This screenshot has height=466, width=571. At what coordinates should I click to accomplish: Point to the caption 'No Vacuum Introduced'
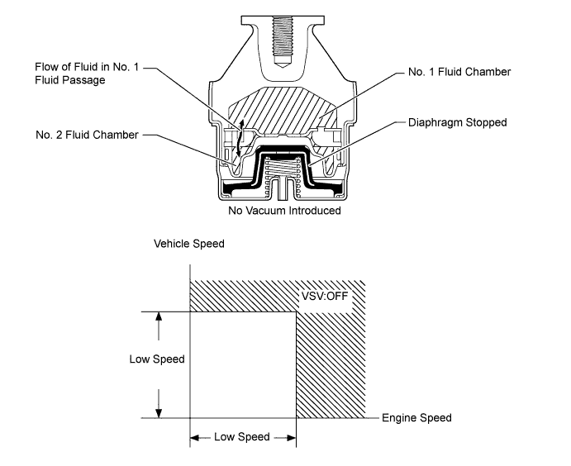point(285,210)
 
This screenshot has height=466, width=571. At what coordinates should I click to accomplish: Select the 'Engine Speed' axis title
point(416,418)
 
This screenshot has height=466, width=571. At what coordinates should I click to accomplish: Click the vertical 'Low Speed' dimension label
point(156,359)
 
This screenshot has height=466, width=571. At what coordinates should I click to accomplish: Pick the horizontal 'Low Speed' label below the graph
point(242,437)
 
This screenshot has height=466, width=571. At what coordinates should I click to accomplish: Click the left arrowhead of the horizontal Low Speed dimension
point(196,437)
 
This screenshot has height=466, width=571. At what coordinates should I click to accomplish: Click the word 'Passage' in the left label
point(102,82)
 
